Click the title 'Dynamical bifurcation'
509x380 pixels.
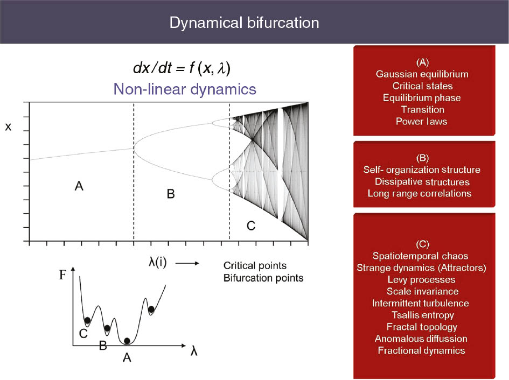(x=244, y=23)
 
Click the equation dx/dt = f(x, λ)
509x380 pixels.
(x=182, y=68)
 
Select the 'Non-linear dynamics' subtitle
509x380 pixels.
(x=185, y=89)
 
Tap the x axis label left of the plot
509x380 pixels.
(x=8, y=127)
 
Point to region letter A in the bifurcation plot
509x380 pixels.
(x=79, y=186)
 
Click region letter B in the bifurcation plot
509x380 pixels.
(x=171, y=194)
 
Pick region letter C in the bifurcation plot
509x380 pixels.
(x=251, y=226)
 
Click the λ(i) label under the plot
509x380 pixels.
(x=158, y=262)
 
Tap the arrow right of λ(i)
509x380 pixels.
(x=187, y=263)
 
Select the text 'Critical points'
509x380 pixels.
(x=255, y=266)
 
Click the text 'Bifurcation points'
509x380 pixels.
(x=263, y=278)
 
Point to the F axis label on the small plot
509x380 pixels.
(x=62, y=275)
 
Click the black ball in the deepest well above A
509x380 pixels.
(x=127, y=341)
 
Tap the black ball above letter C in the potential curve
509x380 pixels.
(x=87, y=321)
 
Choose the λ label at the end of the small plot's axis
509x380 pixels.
(x=194, y=351)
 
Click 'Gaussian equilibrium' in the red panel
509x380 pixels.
(x=422, y=74)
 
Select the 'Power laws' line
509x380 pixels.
(x=421, y=121)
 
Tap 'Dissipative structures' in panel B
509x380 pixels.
(x=422, y=182)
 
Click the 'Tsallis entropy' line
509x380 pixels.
(x=423, y=315)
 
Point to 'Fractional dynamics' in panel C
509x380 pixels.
(x=421, y=350)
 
